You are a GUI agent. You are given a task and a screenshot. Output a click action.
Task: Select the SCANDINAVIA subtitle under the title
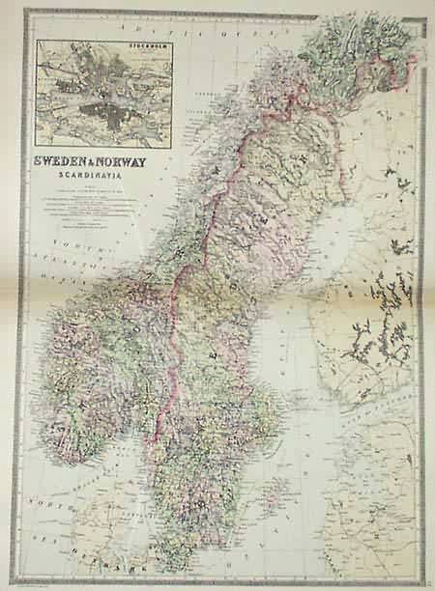[x=92, y=176]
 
